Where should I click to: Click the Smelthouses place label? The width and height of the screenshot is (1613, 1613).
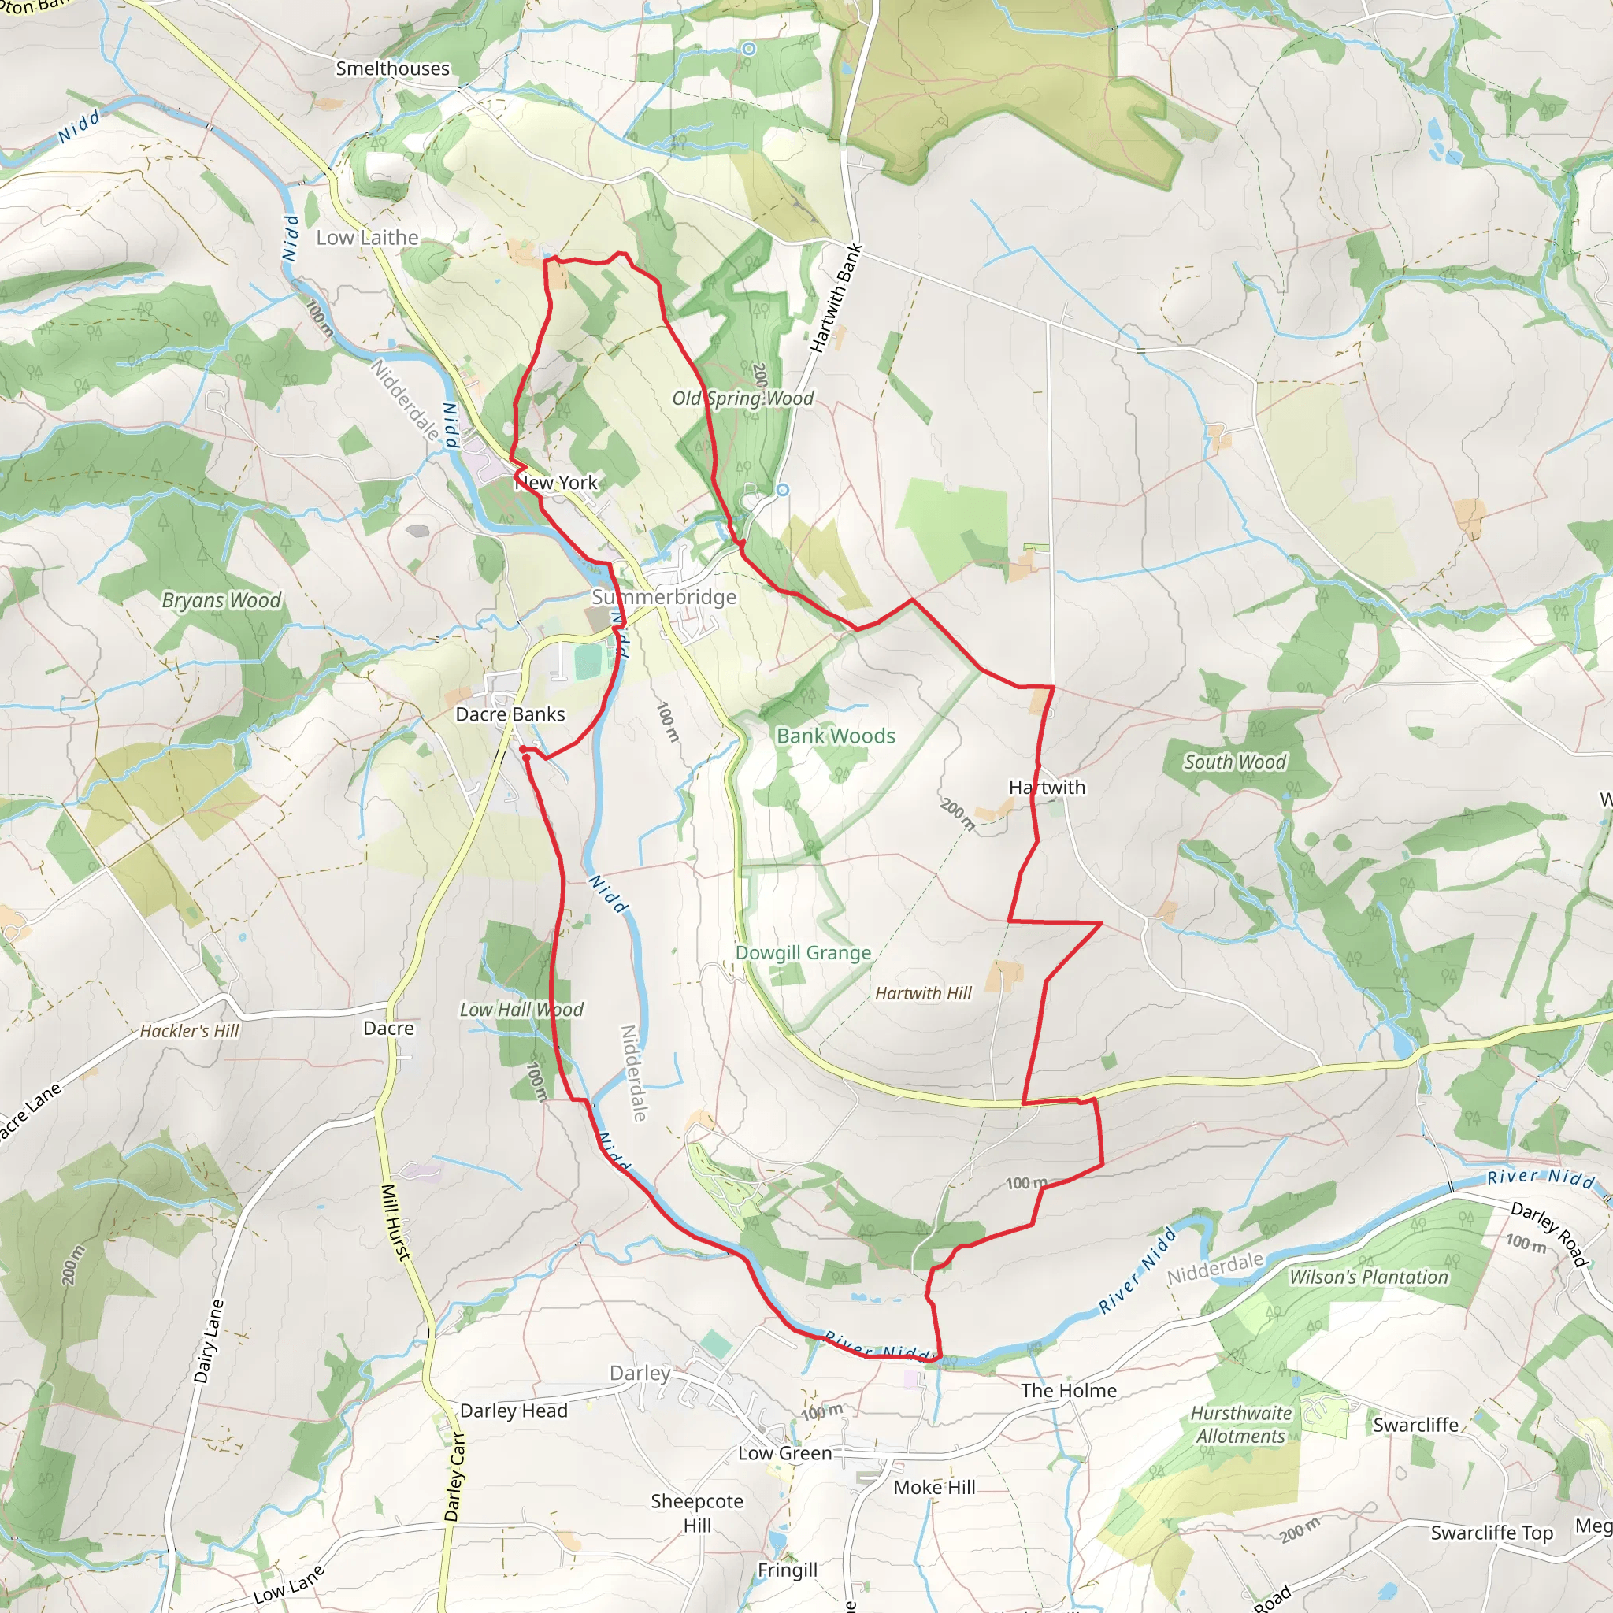[x=392, y=69]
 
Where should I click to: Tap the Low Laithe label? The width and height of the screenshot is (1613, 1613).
[x=367, y=238]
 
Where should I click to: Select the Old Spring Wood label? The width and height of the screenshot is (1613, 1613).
[x=743, y=399]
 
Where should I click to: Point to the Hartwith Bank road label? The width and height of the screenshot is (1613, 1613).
[x=836, y=298]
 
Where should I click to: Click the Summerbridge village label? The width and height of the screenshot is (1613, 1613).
[x=665, y=597]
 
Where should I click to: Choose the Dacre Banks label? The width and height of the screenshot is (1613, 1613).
[x=510, y=714]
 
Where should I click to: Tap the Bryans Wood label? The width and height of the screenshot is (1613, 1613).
[x=221, y=600]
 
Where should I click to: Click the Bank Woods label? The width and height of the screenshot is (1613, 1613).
[x=836, y=736]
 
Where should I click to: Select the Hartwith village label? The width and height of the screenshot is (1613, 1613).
[x=1047, y=788]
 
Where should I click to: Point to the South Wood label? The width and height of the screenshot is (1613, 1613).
[x=1236, y=762]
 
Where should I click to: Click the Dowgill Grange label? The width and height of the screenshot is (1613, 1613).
[x=803, y=953]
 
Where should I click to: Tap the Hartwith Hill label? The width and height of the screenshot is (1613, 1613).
[x=923, y=992]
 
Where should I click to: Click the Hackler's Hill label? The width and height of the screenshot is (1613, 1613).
[x=190, y=1031]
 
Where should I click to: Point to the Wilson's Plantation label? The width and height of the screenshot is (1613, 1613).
[x=1369, y=1277]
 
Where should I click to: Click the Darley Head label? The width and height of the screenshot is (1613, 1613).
[x=514, y=1411]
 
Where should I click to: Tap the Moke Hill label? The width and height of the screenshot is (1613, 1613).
[x=934, y=1487]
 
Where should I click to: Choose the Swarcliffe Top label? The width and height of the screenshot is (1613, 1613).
[x=1492, y=1533]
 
